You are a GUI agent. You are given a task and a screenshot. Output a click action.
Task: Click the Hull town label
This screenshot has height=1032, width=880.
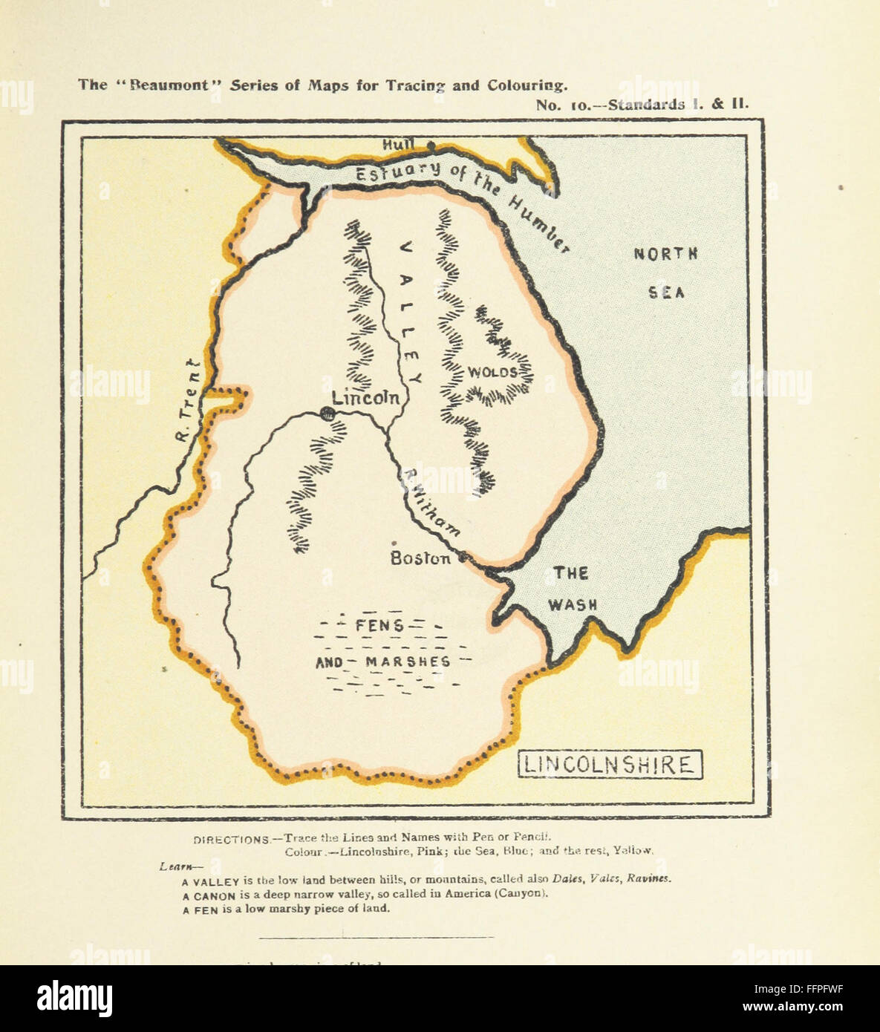(398, 146)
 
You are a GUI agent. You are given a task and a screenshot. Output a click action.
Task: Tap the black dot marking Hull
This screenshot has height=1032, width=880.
(430, 146)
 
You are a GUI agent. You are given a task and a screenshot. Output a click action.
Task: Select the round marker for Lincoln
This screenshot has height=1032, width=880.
(325, 415)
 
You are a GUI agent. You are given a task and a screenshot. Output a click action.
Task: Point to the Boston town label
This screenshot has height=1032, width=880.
(420, 558)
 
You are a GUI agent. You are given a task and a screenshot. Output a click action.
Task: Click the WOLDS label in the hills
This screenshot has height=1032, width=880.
(492, 372)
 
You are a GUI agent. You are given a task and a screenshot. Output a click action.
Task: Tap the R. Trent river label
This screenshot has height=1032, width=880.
(186, 401)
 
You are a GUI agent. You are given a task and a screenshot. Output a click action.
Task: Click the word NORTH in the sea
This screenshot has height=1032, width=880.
(665, 254)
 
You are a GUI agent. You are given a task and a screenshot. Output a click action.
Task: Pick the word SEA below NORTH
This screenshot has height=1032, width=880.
(666, 293)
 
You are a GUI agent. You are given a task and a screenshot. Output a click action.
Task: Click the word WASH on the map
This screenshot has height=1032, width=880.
(573, 605)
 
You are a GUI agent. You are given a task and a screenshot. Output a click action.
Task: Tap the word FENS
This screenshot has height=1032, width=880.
(379, 626)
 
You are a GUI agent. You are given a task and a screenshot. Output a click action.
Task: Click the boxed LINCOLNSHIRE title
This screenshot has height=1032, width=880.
(609, 765)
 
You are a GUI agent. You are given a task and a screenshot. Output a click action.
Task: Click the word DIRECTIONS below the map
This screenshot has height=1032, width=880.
(231, 840)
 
